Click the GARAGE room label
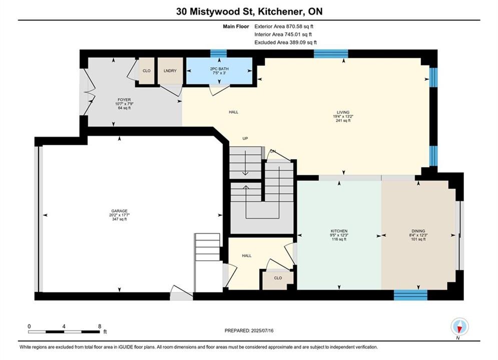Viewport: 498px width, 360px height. coord(120,211)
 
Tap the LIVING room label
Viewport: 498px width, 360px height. coord(343,112)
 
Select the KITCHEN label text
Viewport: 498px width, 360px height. coord(339,231)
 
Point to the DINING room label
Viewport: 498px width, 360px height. coord(418,231)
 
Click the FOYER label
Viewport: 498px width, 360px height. coord(124,99)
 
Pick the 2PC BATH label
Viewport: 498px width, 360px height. coord(219,68)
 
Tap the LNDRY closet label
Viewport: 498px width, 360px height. coord(170,70)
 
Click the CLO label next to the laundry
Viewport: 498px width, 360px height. coord(147,70)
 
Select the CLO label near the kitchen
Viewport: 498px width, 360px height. coord(278,278)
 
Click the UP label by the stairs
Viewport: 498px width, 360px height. coord(245,138)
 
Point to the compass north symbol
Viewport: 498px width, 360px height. coord(459,326)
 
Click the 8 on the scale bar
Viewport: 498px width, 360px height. coord(100,326)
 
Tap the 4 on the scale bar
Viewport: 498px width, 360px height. coord(64,326)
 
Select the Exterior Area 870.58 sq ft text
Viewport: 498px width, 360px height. coord(284,26)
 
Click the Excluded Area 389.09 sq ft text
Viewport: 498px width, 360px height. coord(285,42)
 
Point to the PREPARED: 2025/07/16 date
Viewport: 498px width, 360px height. coord(249,330)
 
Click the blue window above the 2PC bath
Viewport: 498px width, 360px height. coord(219,53)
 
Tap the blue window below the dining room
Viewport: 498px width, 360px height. coord(410,294)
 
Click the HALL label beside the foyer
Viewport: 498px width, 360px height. coord(233,112)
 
